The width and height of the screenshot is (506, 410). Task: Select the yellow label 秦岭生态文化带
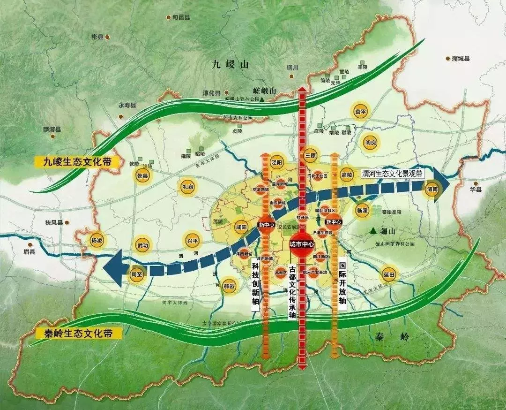coord(79,334)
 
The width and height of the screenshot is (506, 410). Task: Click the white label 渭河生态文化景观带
coord(393,174)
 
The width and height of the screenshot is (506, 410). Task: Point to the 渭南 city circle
coord(432,190)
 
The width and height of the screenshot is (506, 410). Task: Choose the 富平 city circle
coord(360,112)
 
